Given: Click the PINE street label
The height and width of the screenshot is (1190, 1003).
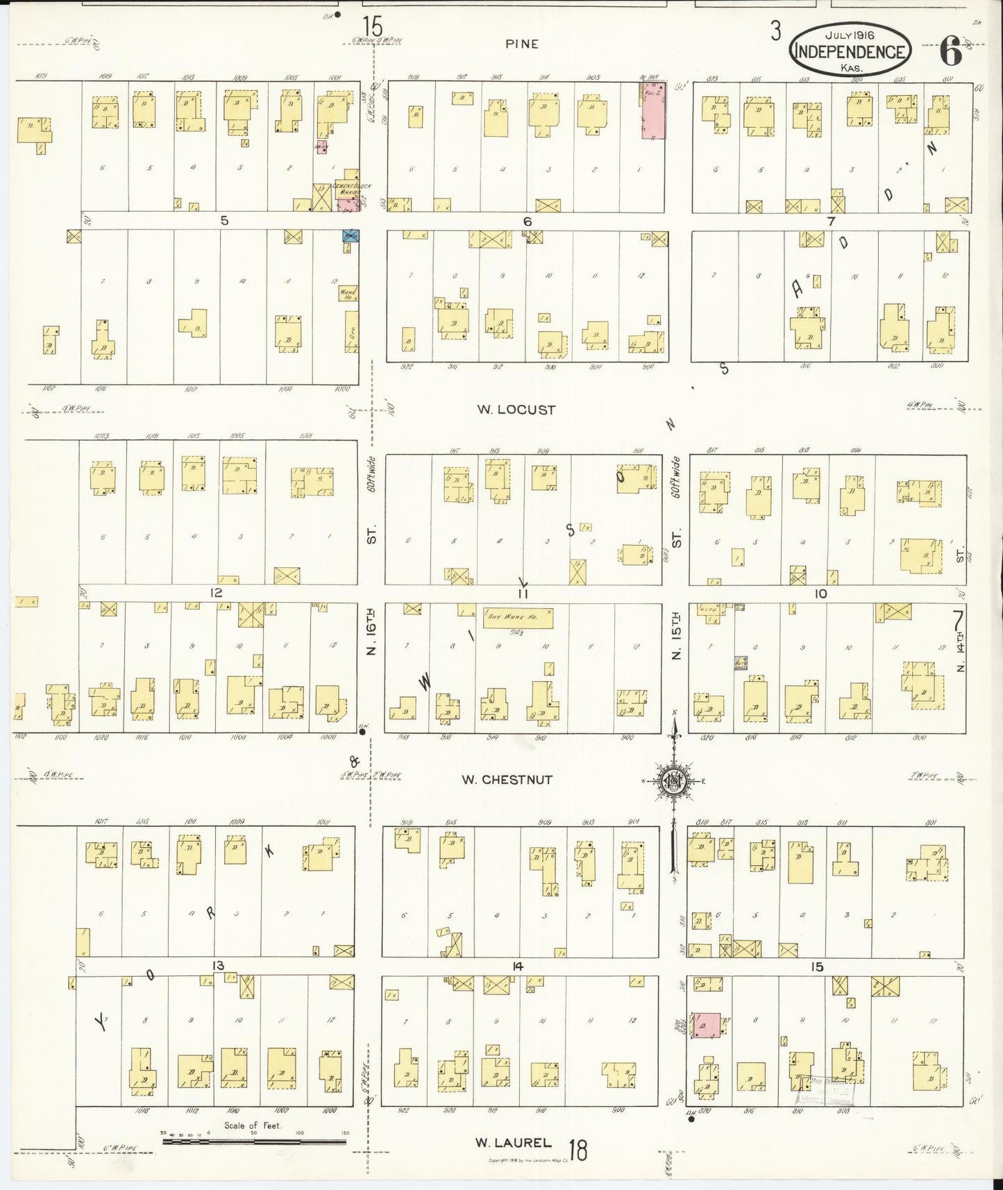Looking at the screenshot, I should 522,44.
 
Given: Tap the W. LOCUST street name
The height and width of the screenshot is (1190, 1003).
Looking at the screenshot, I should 516,410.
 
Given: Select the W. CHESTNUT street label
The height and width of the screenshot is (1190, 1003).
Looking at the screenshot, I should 507,780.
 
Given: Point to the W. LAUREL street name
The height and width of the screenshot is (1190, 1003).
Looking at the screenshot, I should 513,1142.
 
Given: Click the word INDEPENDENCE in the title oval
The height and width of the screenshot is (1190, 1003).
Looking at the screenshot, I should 850,52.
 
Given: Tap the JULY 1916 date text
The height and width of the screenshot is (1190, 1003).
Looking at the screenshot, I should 850,34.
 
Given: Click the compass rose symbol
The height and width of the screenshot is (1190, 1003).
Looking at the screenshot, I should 673,780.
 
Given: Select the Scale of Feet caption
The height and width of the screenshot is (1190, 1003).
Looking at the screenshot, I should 253,1125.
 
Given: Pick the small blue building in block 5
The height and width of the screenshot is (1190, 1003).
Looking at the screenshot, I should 350,235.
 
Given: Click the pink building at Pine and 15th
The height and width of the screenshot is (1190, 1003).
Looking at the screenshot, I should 652,111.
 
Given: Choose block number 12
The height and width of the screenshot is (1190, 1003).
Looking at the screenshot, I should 217,593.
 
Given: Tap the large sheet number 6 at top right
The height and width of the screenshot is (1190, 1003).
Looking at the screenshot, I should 950,51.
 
